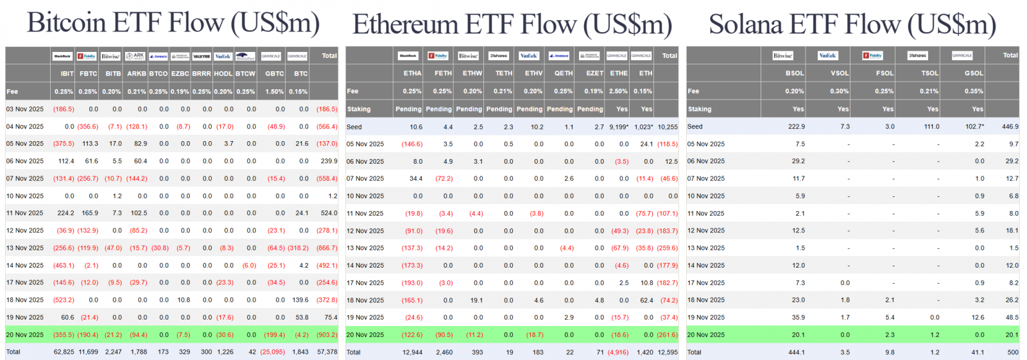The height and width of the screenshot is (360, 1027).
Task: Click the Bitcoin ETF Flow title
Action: click(173, 23)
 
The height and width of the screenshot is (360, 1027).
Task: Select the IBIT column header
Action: click(67, 74)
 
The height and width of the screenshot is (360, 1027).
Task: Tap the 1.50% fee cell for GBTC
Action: click(275, 92)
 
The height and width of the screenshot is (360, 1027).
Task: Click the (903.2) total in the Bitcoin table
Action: click(327, 334)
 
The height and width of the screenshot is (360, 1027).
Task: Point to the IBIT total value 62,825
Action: click(64, 352)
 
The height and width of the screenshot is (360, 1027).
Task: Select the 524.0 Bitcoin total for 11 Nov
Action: click(329, 213)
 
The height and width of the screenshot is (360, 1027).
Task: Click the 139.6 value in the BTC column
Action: click(300, 300)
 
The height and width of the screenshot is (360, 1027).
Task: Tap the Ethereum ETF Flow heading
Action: click(512, 25)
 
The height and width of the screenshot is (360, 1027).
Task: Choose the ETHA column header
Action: click(412, 73)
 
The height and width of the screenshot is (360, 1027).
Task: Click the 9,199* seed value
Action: click(619, 127)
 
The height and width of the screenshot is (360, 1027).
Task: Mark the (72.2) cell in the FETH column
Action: click(444, 178)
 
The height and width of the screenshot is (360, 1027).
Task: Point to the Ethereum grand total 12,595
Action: click(668, 352)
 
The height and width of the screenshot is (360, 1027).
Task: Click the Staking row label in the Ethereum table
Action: click(359, 109)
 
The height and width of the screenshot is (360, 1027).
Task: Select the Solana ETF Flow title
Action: click(852, 25)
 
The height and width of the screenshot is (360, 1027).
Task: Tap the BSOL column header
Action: click(795, 73)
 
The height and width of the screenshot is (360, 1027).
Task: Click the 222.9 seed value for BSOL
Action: click(796, 126)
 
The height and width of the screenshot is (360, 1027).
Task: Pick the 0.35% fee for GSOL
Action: click(974, 91)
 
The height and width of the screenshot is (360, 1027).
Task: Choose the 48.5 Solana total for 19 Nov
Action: click(1012, 317)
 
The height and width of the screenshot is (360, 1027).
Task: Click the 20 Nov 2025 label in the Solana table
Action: click(705, 334)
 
